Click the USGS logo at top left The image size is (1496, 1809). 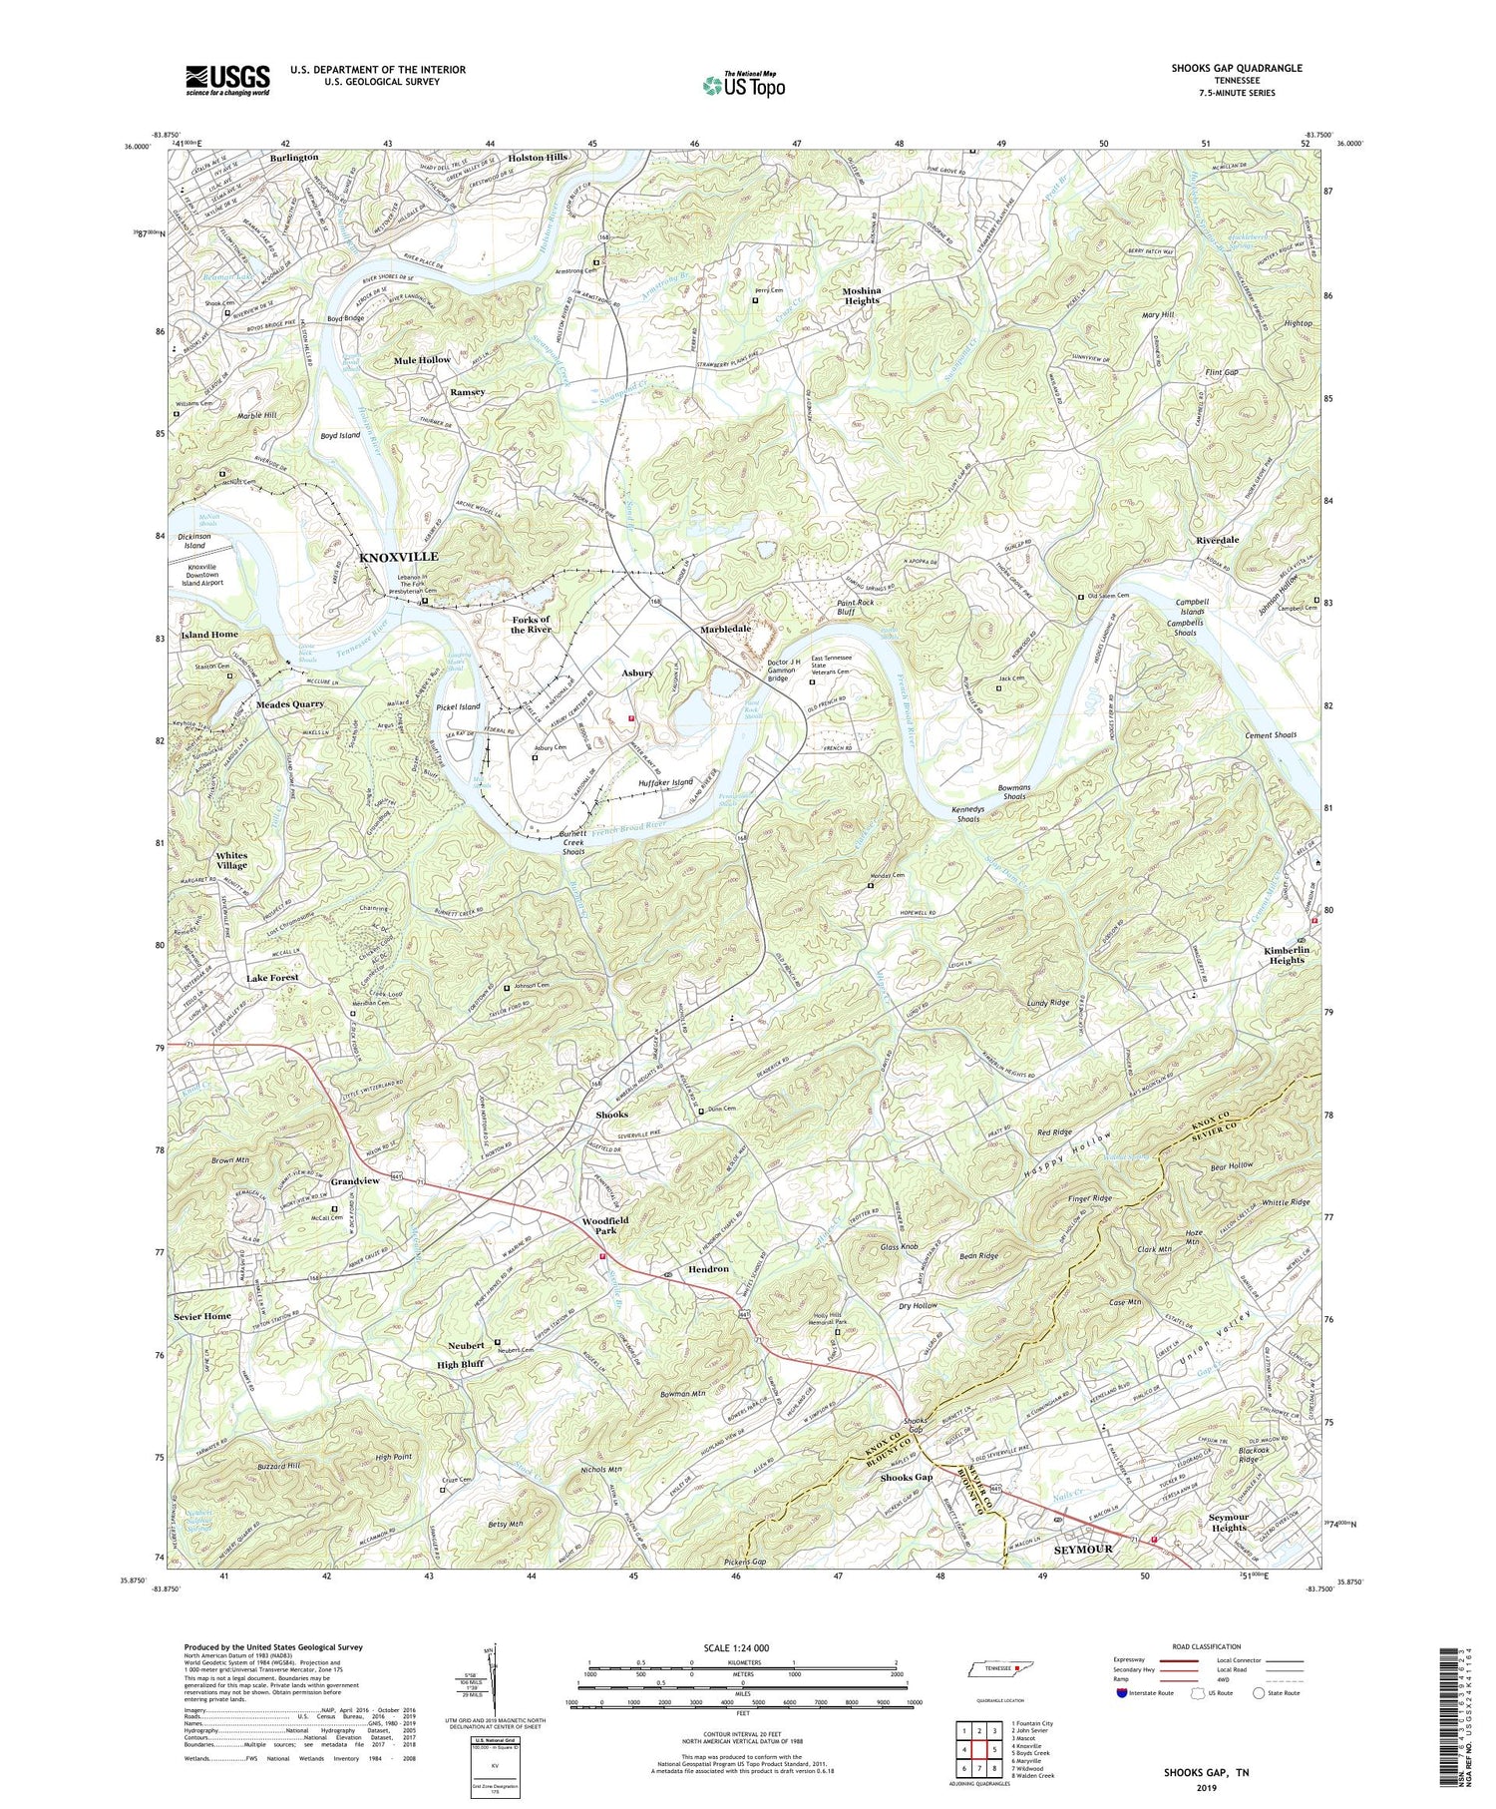click(227, 80)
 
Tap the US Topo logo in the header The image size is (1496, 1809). click(743, 85)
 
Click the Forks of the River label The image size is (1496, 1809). click(531, 625)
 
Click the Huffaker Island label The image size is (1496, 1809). click(664, 782)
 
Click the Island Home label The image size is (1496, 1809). click(209, 635)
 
